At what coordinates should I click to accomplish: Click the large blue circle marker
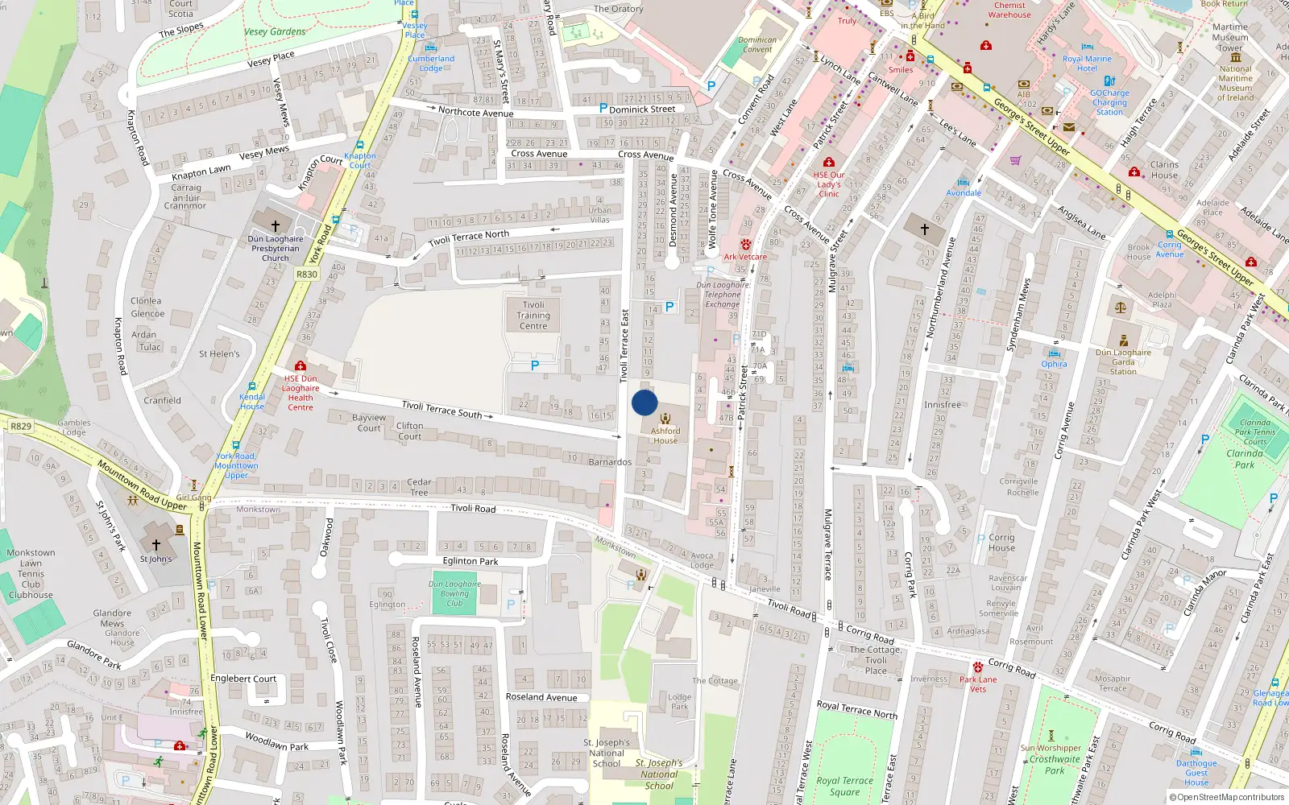pyautogui.click(x=644, y=402)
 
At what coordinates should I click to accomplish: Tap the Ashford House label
pyautogui.click(x=665, y=436)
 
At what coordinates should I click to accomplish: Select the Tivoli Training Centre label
pyautogui.click(x=533, y=316)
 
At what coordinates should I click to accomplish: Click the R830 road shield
pyautogui.click(x=307, y=275)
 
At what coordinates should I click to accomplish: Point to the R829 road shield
pyautogui.click(x=21, y=427)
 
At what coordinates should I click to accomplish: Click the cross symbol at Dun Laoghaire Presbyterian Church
pyautogui.click(x=276, y=226)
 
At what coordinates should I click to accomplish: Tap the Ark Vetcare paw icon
pyautogui.click(x=746, y=244)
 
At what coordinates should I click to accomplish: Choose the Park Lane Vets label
pyautogui.click(x=978, y=684)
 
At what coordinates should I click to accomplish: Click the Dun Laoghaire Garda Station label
pyautogui.click(x=1123, y=362)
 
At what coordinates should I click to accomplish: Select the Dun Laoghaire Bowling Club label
pyautogui.click(x=454, y=593)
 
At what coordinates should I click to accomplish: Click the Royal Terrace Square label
pyautogui.click(x=844, y=786)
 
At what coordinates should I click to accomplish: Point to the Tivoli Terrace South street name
pyautogui.click(x=441, y=410)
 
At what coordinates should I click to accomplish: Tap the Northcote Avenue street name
pyautogui.click(x=475, y=112)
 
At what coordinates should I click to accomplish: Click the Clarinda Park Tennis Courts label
pyautogui.click(x=1255, y=432)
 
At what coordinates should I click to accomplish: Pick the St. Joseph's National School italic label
pyautogui.click(x=659, y=774)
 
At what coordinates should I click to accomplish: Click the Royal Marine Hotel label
pyautogui.click(x=1087, y=64)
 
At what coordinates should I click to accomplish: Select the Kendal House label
pyautogui.click(x=252, y=402)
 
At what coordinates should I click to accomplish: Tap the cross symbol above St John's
pyautogui.click(x=156, y=545)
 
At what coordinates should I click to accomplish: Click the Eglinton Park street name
pyautogui.click(x=470, y=561)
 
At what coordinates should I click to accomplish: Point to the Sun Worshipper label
pyautogui.click(x=1051, y=748)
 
